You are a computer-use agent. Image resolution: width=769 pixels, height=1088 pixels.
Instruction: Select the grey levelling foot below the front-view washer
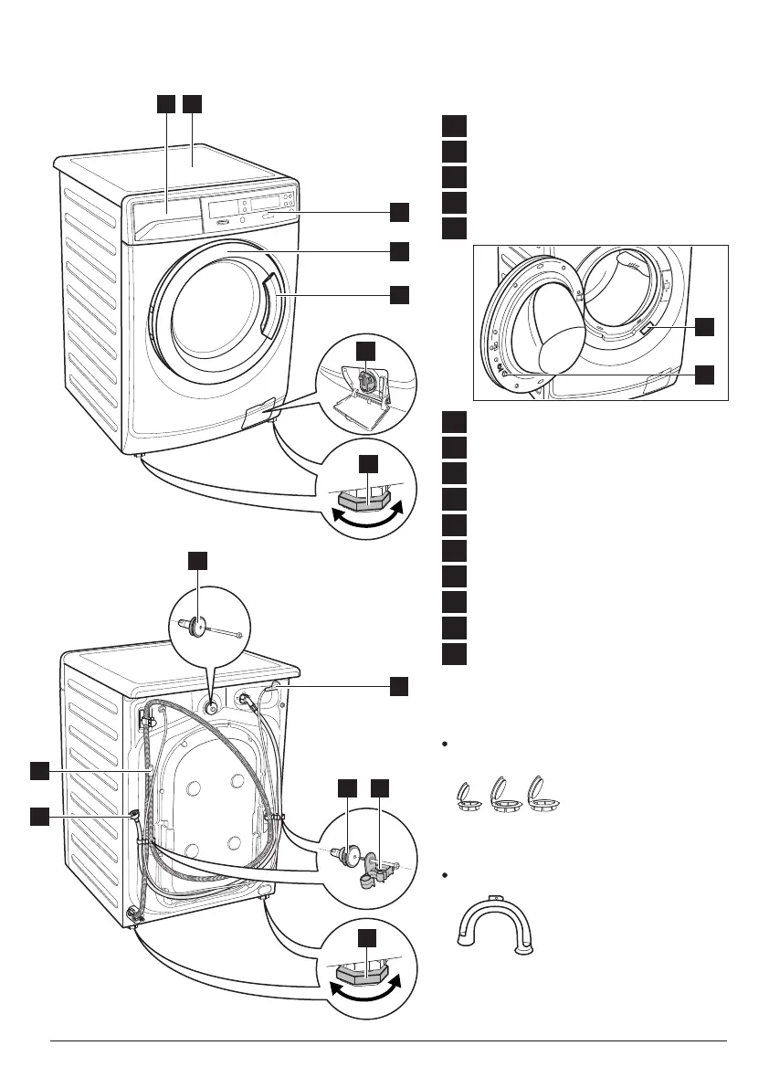[366, 500]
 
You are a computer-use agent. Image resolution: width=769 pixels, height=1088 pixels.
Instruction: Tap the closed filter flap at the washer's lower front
[261, 414]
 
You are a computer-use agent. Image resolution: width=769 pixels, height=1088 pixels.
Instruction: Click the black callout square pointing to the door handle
[399, 294]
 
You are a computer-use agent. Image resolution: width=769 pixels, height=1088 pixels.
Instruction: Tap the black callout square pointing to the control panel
[399, 212]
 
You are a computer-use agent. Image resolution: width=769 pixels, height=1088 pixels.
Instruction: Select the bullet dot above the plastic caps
[444, 745]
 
